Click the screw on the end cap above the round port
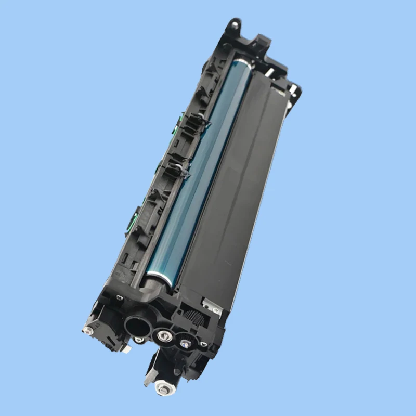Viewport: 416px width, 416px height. tap(120, 297)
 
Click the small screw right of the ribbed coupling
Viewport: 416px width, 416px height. tap(203, 344)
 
